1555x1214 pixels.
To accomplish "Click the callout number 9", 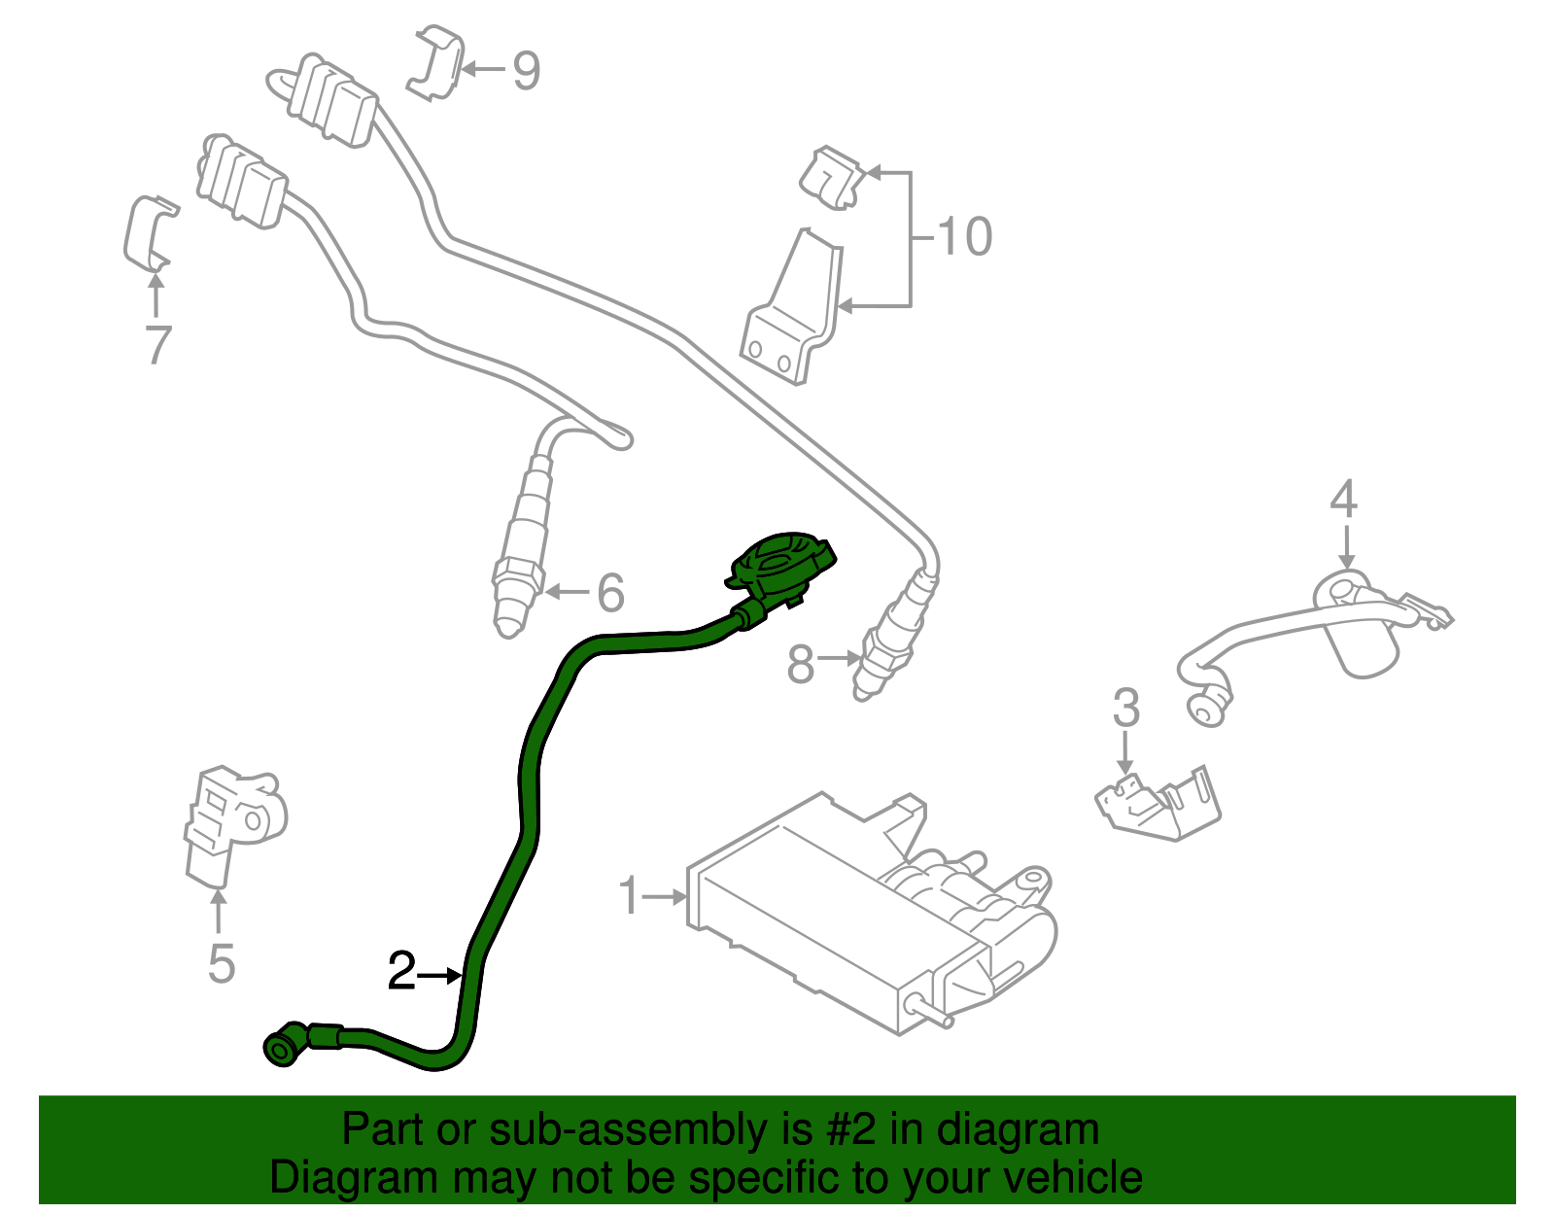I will point(526,70).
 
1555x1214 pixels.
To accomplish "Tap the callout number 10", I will point(964,236).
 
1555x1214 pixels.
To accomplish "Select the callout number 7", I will point(157,344).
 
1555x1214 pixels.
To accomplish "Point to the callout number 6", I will point(609,592).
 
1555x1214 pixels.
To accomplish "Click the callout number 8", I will point(800,665).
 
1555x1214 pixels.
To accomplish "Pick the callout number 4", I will point(1343,499).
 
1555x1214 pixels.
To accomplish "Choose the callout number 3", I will point(1125,708).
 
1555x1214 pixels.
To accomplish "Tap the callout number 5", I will point(221,963).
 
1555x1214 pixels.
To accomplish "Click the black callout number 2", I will point(401,971).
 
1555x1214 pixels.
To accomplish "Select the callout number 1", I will point(630,895).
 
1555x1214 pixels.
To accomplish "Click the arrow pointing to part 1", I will point(666,896).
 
